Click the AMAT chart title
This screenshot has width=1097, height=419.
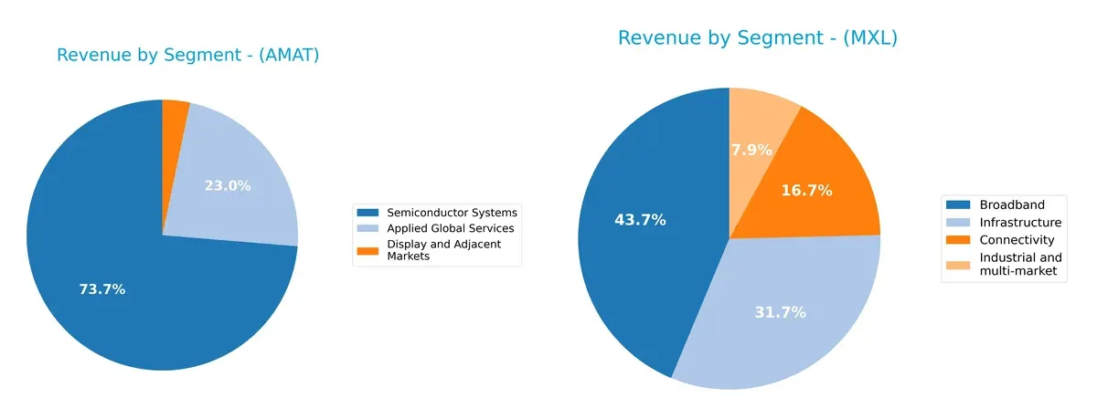point(187,55)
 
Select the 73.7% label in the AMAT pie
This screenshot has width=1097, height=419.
point(101,289)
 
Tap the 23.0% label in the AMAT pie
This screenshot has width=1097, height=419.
point(227,185)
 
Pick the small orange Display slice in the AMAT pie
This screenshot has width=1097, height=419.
point(175,111)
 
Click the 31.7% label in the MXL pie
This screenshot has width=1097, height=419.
point(781,312)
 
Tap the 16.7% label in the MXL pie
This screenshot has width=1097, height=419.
point(806,191)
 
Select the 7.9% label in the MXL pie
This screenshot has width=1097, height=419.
point(751,150)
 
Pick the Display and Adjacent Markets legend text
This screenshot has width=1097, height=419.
point(443,250)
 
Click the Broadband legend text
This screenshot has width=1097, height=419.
point(1011,204)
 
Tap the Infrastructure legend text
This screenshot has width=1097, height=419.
point(1020,222)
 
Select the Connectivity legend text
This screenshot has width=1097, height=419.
point(1017,240)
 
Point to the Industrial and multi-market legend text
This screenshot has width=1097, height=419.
point(1020,265)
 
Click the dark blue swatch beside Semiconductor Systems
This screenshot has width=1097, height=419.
point(368,213)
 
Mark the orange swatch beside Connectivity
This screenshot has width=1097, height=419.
point(959,240)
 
